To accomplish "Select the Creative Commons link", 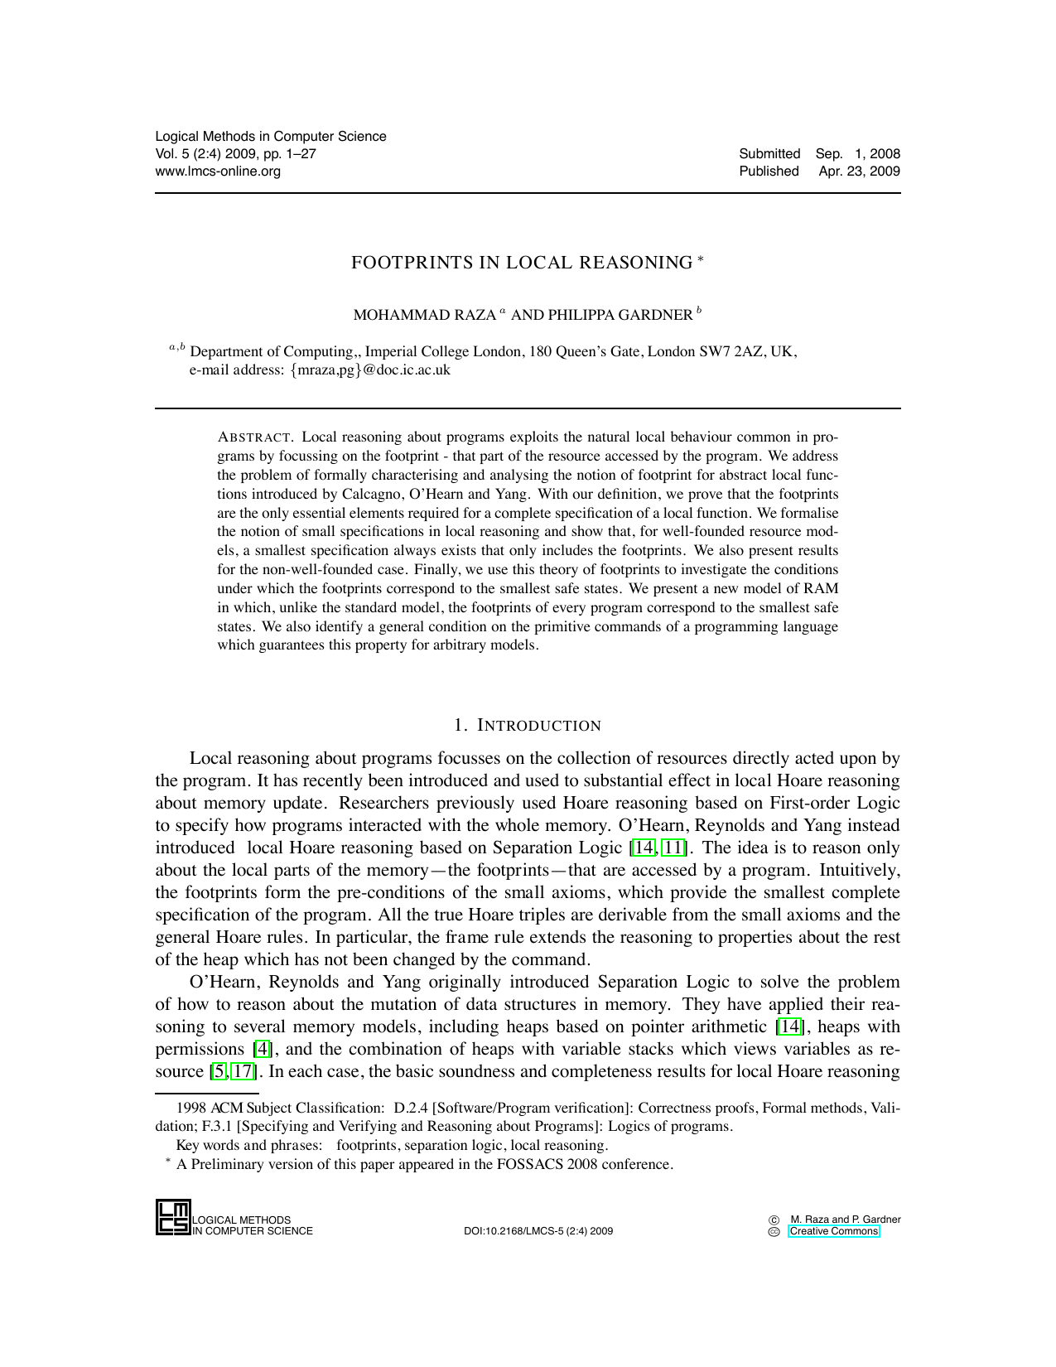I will [833, 1231].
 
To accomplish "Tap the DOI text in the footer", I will [538, 1231].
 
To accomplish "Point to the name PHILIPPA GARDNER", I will [620, 315].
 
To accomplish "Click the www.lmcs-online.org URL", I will [218, 171].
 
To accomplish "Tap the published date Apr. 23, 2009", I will [859, 171].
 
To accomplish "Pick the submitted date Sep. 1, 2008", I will [857, 154].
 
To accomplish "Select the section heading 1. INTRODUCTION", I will [528, 726].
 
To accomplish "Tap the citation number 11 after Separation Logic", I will [673, 848].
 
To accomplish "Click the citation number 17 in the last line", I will [243, 1072].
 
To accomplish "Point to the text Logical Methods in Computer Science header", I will [271, 137].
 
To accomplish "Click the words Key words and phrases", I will [248, 1145].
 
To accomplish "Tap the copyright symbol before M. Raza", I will [774, 1220].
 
